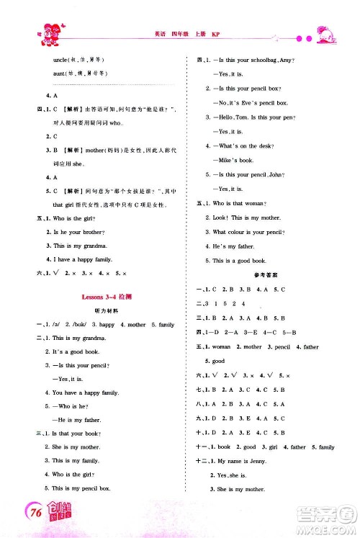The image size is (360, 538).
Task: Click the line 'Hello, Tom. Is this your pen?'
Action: pos(251,117)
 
